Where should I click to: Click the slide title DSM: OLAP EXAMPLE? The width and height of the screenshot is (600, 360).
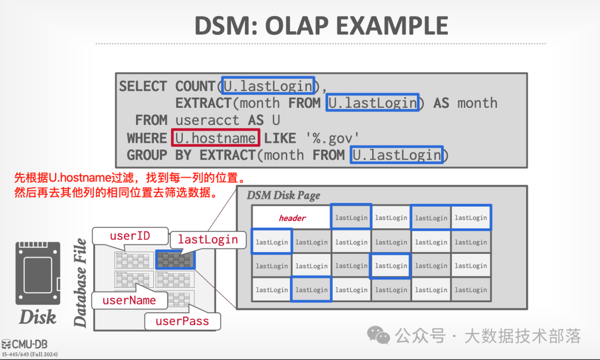click(x=321, y=26)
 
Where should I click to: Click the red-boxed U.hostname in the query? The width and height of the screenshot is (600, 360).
click(x=216, y=138)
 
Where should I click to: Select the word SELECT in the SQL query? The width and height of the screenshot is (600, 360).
click(x=143, y=87)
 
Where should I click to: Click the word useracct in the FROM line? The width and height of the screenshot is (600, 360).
click(x=208, y=121)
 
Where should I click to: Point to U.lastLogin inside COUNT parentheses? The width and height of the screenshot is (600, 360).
click(x=268, y=86)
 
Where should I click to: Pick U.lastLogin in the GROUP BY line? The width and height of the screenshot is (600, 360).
click(x=397, y=155)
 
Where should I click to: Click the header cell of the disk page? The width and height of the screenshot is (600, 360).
click(x=292, y=218)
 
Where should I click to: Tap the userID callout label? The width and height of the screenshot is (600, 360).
click(x=130, y=236)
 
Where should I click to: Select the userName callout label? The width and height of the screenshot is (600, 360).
click(x=129, y=301)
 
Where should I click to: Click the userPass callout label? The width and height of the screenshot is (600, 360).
click(x=182, y=321)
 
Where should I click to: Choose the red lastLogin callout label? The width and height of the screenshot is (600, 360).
click(x=208, y=239)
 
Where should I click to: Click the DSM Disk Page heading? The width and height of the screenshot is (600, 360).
click(x=283, y=195)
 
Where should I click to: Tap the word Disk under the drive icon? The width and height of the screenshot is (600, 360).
click(x=38, y=317)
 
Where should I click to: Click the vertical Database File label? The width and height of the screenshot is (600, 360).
click(x=81, y=282)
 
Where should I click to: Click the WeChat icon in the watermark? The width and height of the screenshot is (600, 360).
click(x=381, y=336)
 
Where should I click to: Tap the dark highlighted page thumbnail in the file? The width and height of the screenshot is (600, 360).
click(x=174, y=260)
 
